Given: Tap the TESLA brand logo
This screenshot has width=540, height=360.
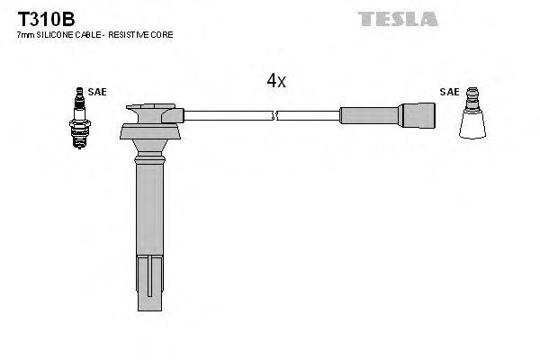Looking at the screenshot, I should click(x=398, y=18).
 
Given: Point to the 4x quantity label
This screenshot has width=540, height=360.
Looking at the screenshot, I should click(x=275, y=81).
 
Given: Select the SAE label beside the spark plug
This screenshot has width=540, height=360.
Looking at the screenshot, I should click(x=95, y=91).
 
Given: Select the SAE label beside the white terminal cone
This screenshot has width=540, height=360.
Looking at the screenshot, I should click(x=448, y=91).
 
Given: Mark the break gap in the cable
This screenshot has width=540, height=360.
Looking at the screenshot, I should click(x=274, y=114).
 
